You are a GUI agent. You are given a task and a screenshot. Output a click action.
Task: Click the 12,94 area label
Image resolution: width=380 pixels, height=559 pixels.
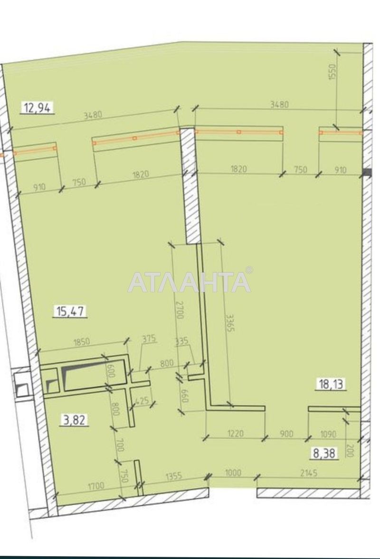(37, 108)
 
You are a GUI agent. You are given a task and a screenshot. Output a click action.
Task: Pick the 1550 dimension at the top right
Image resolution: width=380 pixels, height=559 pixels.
(332, 72)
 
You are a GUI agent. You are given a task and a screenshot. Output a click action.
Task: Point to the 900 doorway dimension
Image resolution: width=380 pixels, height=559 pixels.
(286, 434)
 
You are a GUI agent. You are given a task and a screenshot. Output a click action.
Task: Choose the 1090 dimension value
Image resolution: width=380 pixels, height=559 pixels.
(328, 434)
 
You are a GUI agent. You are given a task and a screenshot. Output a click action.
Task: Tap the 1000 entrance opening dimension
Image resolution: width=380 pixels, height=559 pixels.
(233, 472)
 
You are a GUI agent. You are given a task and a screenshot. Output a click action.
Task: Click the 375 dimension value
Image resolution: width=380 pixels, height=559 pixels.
(149, 339)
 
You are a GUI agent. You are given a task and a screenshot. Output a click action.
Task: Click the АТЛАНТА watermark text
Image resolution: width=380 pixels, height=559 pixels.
(190, 282)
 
